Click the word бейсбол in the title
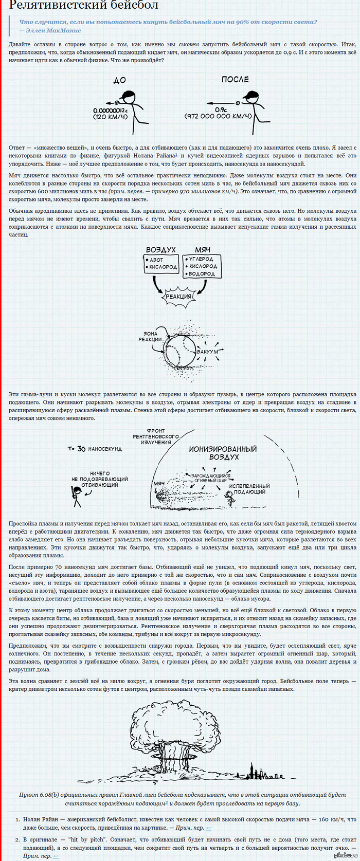click(128, 6)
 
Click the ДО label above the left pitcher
click(119, 80)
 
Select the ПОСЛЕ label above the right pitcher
click(235, 79)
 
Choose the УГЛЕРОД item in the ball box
click(202, 259)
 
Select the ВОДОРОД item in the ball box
click(202, 273)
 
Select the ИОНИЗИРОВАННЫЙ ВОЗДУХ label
click(223, 453)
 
